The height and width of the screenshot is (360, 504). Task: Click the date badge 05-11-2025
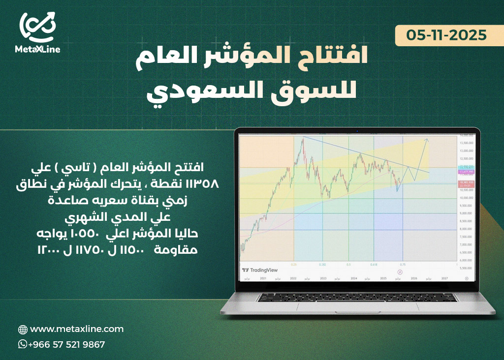point(446,35)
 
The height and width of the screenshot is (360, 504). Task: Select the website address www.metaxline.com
point(77,329)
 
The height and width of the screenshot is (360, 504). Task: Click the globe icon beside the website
point(23,330)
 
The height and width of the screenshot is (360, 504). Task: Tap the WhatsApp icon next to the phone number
point(23,344)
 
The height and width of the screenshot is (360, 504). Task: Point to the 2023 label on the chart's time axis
point(323,278)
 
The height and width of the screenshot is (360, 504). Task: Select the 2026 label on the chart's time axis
point(414,278)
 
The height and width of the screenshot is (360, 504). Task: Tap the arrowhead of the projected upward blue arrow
point(428,141)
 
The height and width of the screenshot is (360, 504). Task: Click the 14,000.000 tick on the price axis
point(466,135)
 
